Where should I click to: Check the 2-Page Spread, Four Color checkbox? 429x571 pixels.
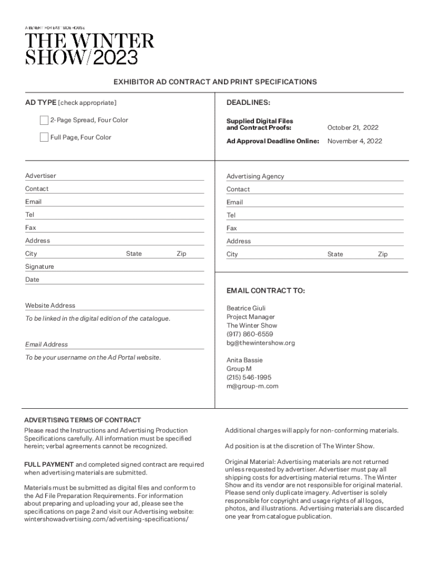(44, 120)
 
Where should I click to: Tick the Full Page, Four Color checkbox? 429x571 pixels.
(44, 138)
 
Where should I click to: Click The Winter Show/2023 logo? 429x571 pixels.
(89, 49)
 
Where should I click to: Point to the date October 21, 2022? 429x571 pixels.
(353, 128)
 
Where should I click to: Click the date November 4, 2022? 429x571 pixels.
(354, 141)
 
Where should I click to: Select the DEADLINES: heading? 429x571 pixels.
(248, 103)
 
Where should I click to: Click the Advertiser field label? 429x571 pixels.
(41, 176)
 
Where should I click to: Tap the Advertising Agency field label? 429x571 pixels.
(255, 176)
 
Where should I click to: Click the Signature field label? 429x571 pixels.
(40, 267)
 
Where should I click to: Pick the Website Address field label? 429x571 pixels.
(50, 306)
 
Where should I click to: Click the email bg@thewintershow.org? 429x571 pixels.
(260, 343)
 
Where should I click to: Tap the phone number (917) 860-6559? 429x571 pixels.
(250, 334)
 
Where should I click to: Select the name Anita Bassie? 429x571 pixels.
(245, 360)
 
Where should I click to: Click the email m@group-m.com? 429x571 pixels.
(252, 386)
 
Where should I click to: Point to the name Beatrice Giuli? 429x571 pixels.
(246, 308)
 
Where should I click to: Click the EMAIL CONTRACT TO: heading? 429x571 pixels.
(265, 291)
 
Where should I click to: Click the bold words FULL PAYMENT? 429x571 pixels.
(49, 464)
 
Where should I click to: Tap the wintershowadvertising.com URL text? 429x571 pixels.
(106, 519)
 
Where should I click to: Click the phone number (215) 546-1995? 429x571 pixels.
(248, 378)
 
